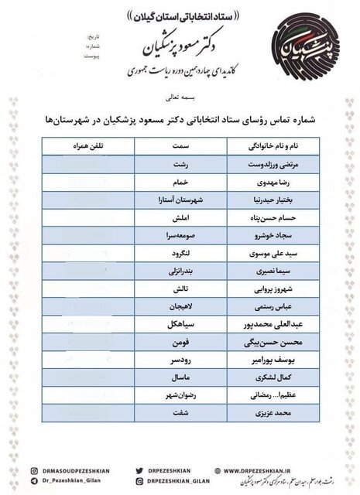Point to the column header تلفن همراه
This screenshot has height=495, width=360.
[91, 145]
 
